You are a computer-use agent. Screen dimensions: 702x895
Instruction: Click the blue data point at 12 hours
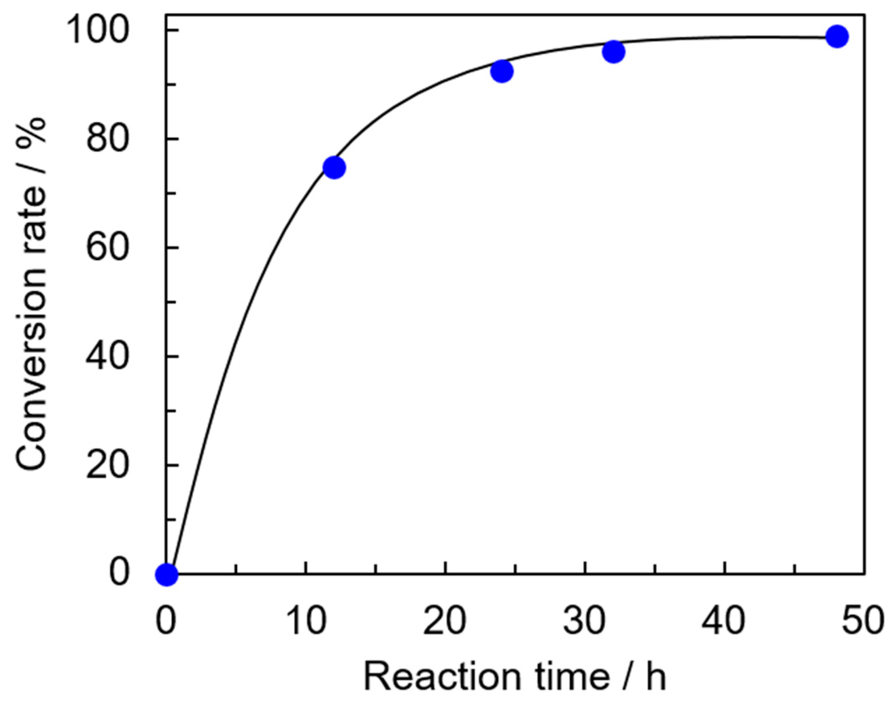(334, 167)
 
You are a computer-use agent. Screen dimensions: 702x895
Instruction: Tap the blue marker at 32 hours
(614, 52)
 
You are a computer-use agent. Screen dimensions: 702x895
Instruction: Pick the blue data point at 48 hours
(836, 37)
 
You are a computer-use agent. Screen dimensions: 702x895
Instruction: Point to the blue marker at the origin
(166, 574)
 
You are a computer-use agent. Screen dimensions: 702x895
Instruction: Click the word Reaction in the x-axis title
(443, 677)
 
